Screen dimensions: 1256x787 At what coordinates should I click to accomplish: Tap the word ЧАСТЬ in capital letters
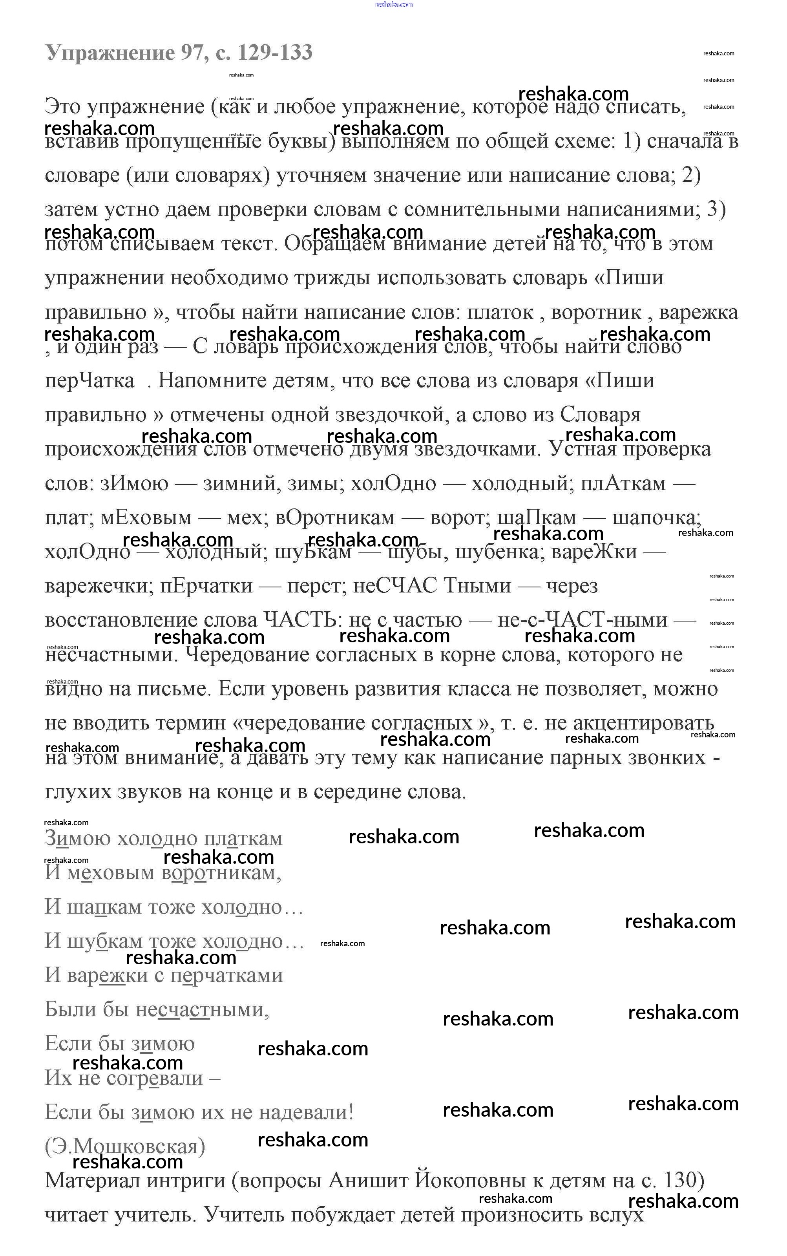[x=299, y=620]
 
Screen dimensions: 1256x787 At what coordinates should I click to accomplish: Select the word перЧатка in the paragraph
[x=89, y=380]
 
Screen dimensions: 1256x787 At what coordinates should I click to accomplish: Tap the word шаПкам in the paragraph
[x=537, y=517]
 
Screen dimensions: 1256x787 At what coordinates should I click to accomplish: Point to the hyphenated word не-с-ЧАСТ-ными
[x=582, y=620]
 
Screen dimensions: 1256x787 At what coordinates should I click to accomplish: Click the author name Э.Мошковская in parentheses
[x=125, y=1146]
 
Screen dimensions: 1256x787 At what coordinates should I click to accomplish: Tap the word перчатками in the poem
[x=226, y=975]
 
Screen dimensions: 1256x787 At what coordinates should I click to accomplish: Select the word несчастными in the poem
[x=202, y=1009]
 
